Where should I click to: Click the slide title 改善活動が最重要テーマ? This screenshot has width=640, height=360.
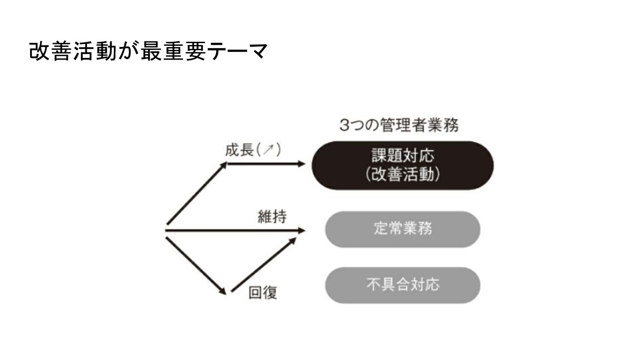pyautogui.click(x=148, y=52)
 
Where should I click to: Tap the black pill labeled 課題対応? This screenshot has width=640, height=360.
pyautogui.click(x=403, y=165)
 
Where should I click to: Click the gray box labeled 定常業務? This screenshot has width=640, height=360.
pyautogui.click(x=403, y=229)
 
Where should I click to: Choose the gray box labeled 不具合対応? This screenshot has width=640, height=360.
pyautogui.click(x=403, y=285)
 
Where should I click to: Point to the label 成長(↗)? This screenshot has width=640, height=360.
pyautogui.click(x=253, y=151)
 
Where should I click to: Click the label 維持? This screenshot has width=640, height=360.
pyautogui.click(x=272, y=217)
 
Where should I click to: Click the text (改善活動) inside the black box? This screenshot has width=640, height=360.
pyautogui.click(x=403, y=175)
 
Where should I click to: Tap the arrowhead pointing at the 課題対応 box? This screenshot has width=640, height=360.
pyautogui.click(x=302, y=164)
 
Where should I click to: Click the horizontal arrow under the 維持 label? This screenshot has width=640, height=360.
pyautogui.click(x=236, y=231)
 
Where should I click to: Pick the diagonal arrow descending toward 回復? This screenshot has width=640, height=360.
pyautogui.click(x=196, y=265)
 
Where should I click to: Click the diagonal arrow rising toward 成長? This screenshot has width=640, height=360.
pyautogui.click(x=196, y=194)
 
